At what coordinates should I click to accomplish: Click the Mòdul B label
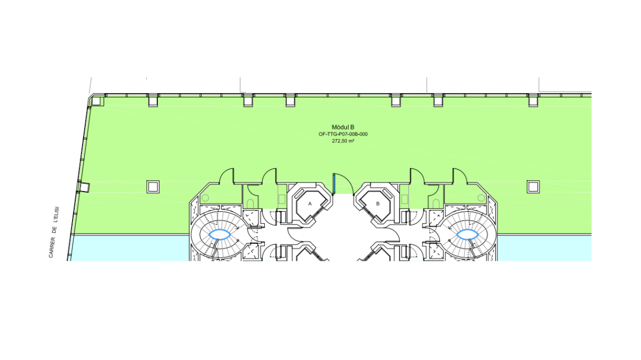(343, 127)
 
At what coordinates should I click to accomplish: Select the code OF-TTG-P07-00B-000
(343, 134)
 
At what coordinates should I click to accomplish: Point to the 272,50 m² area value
(343, 141)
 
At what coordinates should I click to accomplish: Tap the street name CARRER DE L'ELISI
(54, 232)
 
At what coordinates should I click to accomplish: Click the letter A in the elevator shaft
(310, 203)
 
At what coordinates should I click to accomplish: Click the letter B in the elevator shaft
(378, 203)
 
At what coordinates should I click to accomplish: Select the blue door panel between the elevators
(334, 184)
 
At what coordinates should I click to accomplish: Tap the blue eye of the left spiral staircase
(219, 234)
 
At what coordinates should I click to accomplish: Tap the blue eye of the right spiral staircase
(467, 234)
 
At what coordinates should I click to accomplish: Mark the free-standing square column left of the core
(153, 187)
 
